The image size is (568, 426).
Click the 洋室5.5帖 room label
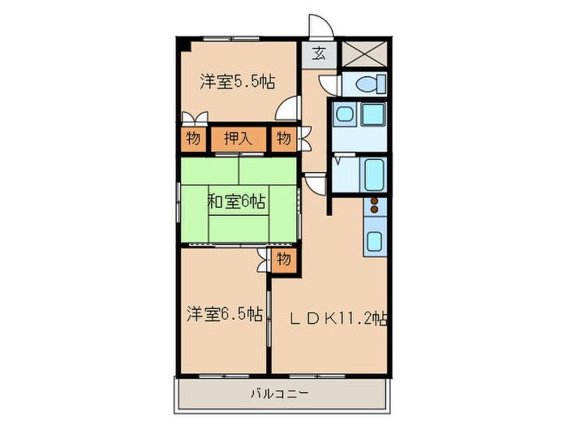point(238,81)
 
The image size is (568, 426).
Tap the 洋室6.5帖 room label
point(225,312)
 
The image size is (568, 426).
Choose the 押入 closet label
point(239,139)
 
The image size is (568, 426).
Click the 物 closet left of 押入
point(192,139)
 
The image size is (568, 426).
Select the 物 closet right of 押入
point(282,139)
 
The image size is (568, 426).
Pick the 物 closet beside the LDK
point(282,260)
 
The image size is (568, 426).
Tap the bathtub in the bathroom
point(374,174)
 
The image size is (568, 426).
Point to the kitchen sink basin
point(375,240)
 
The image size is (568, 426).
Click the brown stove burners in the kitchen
point(375,208)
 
